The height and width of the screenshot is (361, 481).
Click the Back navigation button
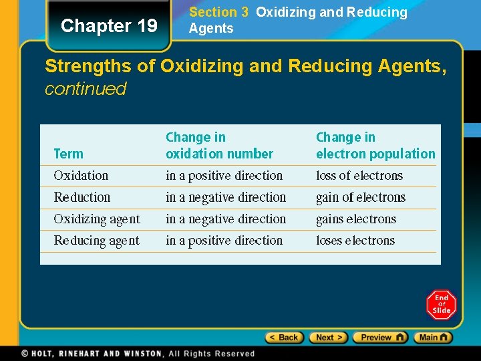point(285,338)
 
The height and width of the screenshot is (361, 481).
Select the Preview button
point(379,338)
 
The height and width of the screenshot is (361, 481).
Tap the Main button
point(433,338)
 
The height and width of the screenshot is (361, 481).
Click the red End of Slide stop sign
point(441,305)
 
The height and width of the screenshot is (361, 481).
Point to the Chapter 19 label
point(109,26)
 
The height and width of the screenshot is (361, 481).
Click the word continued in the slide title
point(86,89)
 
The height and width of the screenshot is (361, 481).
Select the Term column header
point(68,154)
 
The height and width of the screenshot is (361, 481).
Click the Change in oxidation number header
point(219,145)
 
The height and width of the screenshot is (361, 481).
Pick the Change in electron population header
point(375,145)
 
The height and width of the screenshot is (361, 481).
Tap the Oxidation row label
point(81,176)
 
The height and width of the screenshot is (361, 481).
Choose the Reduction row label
point(82,197)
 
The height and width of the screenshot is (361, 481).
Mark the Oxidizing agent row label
point(97,219)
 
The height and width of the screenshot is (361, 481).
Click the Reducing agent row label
point(97,241)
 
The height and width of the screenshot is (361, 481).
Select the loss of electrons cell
point(359,176)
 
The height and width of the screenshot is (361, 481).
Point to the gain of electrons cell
point(361,197)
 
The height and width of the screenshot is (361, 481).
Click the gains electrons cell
point(356,219)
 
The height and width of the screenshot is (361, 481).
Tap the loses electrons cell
point(355,241)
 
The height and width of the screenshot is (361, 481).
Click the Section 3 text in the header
point(214,12)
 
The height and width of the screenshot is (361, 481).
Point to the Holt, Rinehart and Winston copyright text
point(138,354)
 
